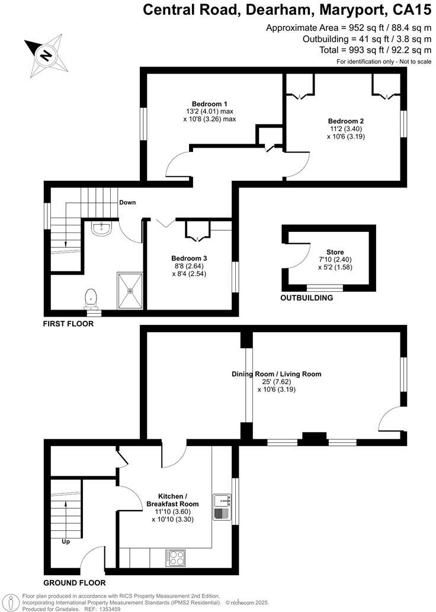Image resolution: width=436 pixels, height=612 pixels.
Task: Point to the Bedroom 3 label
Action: pyautogui.click(x=189, y=258)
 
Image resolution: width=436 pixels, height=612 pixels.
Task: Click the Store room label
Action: pyautogui.click(x=335, y=252)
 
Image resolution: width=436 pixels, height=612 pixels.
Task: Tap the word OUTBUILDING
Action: pyautogui.click(x=306, y=298)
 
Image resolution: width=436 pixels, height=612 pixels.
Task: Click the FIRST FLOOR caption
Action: pyautogui.click(x=68, y=324)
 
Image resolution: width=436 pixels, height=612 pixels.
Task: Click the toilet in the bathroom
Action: pyautogui.click(x=91, y=298)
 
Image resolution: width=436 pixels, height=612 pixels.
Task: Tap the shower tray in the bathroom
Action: pyautogui.click(x=130, y=291)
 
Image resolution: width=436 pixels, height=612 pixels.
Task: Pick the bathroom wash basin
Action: pyautogui.click(x=102, y=228)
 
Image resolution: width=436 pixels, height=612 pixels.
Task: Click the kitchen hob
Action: pyautogui.click(x=175, y=557)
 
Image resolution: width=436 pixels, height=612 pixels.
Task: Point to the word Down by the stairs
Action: pyautogui.click(x=127, y=202)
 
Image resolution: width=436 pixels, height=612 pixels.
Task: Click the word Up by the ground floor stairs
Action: pyautogui.click(x=66, y=541)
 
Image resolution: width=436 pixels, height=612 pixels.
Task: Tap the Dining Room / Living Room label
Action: pyautogui.click(x=276, y=374)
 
